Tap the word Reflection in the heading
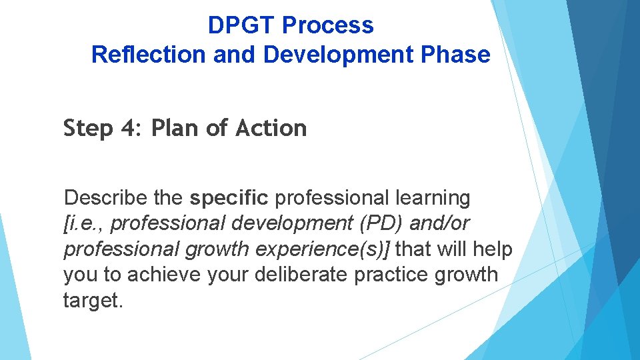[x=149, y=55]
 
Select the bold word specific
[x=229, y=198]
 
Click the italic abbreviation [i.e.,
[x=84, y=223]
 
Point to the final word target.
[x=93, y=299]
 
